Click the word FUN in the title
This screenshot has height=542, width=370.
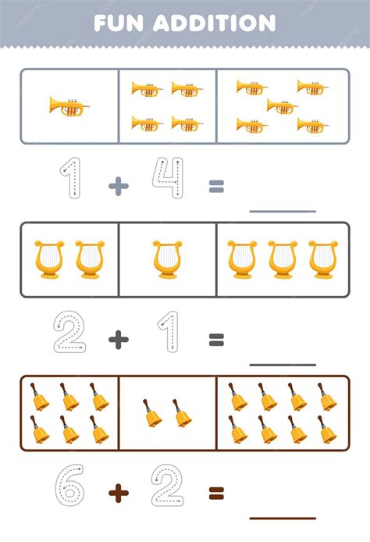point(119,23)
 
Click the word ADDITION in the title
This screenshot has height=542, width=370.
point(215,23)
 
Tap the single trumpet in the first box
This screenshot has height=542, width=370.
point(69,106)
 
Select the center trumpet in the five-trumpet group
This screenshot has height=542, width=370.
point(283,106)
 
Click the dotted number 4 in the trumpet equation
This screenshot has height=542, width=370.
point(168,177)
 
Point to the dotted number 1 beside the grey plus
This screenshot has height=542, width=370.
point(71,177)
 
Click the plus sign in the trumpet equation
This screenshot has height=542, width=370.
point(119,186)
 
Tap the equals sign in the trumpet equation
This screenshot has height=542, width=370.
point(216,186)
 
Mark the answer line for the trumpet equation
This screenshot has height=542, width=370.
point(283,211)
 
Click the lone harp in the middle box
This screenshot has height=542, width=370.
point(168,259)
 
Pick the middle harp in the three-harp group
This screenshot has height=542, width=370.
point(283,259)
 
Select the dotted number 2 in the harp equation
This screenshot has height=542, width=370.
point(69,332)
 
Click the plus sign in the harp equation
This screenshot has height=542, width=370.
point(119,340)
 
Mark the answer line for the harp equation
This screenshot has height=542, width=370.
point(283,365)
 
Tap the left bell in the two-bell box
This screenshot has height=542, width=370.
point(152,413)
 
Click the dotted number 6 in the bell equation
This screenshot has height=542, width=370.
point(69,485)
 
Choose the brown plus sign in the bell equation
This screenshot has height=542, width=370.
point(119,493)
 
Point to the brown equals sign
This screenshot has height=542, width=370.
point(216,494)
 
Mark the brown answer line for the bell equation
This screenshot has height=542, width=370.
point(283,518)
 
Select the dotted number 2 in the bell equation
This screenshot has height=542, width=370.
point(168,485)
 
